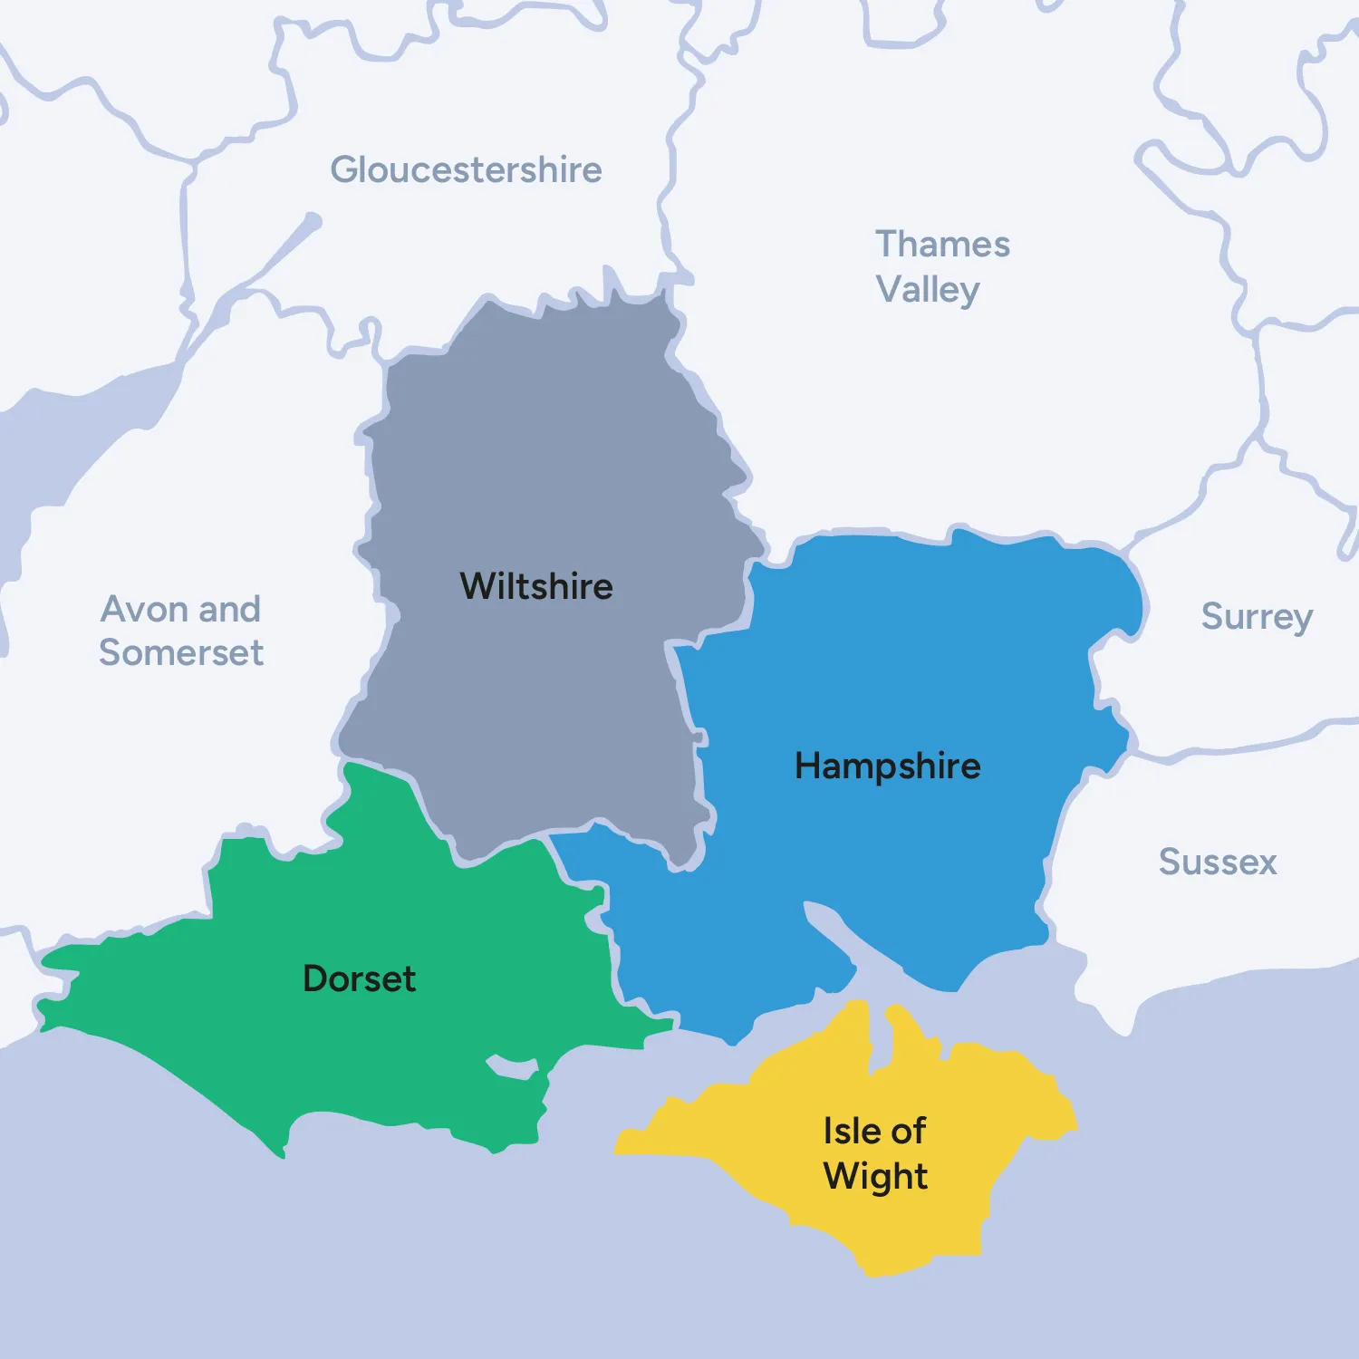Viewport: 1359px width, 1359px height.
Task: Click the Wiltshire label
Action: (x=536, y=586)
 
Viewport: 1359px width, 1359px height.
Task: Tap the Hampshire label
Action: (x=887, y=766)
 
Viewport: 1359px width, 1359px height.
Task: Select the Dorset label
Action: (x=359, y=978)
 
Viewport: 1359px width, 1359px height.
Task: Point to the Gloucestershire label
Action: (x=466, y=169)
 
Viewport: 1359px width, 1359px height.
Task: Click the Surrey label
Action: (x=1257, y=617)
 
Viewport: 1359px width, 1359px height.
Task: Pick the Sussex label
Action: (x=1218, y=862)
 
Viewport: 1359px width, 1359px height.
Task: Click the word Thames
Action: (x=942, y=244)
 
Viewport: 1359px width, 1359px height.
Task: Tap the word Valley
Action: (x=928, y=290)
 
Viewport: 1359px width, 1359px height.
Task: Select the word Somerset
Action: (x=181, y=652)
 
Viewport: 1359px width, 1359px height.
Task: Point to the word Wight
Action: (x=875, y=1176)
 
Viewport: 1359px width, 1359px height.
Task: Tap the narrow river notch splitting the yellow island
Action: (x=878, y=1033)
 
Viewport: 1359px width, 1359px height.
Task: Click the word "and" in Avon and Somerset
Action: (x=229, y=609)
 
